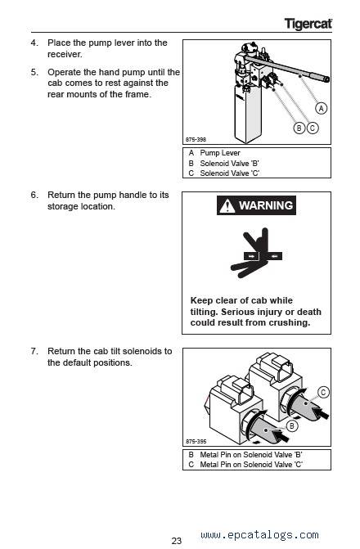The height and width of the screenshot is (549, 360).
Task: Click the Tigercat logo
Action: (x=308, y=24)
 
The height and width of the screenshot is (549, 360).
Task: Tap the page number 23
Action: (x=177, y=541)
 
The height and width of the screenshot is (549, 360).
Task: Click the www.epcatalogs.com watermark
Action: (x=260, y=535)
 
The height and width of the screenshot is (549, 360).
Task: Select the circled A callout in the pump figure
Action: (x=321, y=108)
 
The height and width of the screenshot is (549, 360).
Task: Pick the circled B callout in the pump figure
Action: (x=299, y=128)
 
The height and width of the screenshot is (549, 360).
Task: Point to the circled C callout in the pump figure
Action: (x=313, y=128)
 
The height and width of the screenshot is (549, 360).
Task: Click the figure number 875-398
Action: (x=196, y=139)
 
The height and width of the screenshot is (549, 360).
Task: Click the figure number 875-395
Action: (x=196, y=442)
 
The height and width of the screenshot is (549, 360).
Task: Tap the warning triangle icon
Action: (x=227, y=206)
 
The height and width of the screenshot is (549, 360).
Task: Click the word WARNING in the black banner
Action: (x=266, y=205)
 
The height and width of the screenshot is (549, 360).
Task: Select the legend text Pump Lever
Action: (x=220, y=153)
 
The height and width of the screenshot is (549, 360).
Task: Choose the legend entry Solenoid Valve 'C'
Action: (x=229, y=173)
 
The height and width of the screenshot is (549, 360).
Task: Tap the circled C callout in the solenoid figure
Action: (x=323, y=392)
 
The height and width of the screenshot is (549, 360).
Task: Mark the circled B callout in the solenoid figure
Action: (x=292, y=426)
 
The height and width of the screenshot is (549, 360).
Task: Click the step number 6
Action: (x=34, y=195)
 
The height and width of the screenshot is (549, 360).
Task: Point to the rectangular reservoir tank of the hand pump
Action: (x=248, y=114)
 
